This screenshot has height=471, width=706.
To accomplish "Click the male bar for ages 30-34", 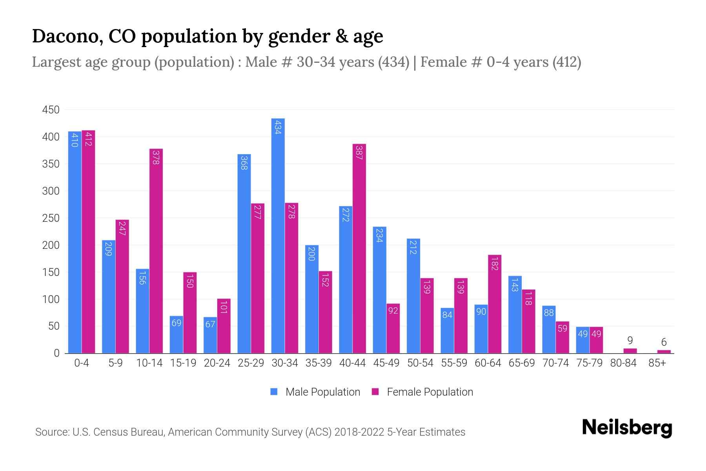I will tap(278, 235).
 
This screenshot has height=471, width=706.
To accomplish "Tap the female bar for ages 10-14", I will tap(156, 251).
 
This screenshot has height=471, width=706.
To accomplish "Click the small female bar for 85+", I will tap(664, 352).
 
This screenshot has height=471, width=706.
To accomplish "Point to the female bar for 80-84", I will tap(630, 351).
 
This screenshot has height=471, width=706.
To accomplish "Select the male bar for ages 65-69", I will tap(515, 314).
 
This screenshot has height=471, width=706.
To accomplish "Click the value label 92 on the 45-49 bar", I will tap(393, 311).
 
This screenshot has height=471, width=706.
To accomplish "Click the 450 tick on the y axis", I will tap(51, 110).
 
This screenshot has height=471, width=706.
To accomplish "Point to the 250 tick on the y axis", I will tap(51, 218).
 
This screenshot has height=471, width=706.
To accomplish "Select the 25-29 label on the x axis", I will tap(251, 363).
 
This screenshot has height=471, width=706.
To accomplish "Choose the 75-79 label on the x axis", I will tap(589, 363).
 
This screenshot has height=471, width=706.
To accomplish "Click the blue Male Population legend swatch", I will tap(274, 392).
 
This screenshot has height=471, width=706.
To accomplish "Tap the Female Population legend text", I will tap(430, 392).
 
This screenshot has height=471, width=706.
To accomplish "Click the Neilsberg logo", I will tap(627, 428).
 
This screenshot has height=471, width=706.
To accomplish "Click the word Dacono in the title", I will tap(67, 36).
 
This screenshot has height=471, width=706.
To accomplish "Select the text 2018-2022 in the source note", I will tap(359, 432).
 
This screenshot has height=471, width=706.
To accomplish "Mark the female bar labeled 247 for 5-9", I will tap(122, 287).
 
